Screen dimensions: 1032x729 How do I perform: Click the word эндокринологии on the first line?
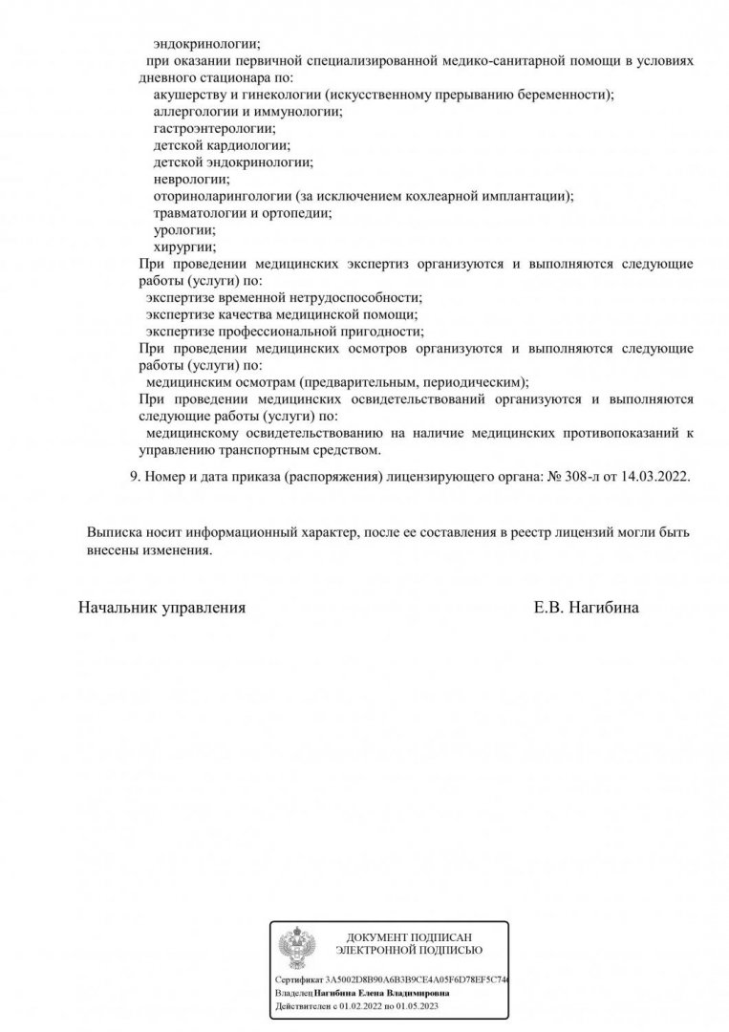click(205, 43)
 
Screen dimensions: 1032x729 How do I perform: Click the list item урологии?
click(183, 230)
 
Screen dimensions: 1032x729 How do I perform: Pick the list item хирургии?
click(184, 247)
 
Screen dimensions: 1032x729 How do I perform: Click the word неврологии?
click(191, 179)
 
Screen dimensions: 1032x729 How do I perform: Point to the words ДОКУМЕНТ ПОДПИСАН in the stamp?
click(410, 937)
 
